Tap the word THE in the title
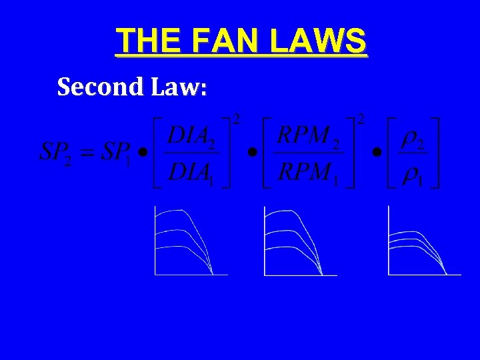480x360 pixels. coord(146,41)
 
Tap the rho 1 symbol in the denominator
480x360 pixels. coord(415,174)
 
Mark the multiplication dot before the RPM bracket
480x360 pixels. coord(252,153)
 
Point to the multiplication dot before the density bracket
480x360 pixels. coord(377,153)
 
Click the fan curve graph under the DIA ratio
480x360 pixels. coord(190,241)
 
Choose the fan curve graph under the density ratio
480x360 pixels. coord(424,241)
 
